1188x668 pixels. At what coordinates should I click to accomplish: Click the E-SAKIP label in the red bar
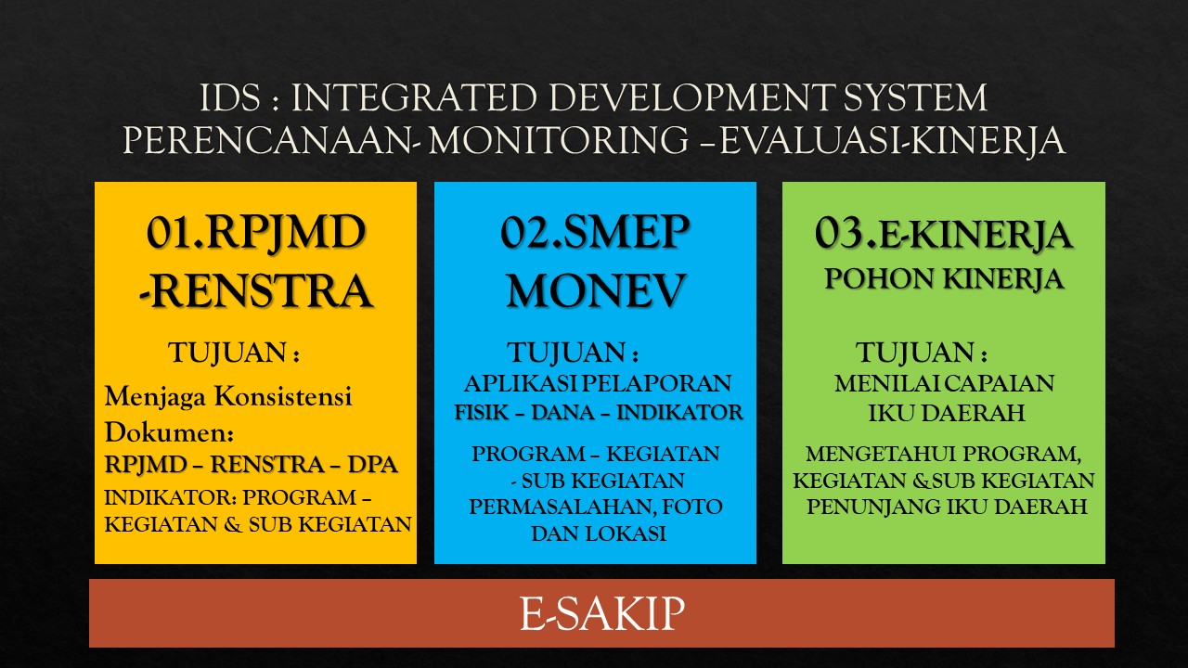601,613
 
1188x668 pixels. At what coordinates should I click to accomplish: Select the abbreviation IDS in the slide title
228,99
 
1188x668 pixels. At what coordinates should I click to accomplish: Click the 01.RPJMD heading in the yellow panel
256,232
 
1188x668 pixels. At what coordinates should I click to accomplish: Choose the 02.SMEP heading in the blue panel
595,232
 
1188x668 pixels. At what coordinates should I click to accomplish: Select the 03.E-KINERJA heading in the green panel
944,234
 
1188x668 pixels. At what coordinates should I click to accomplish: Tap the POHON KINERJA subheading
944,279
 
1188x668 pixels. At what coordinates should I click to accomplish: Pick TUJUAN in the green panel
915,353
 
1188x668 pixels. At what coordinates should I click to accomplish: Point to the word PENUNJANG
884,507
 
